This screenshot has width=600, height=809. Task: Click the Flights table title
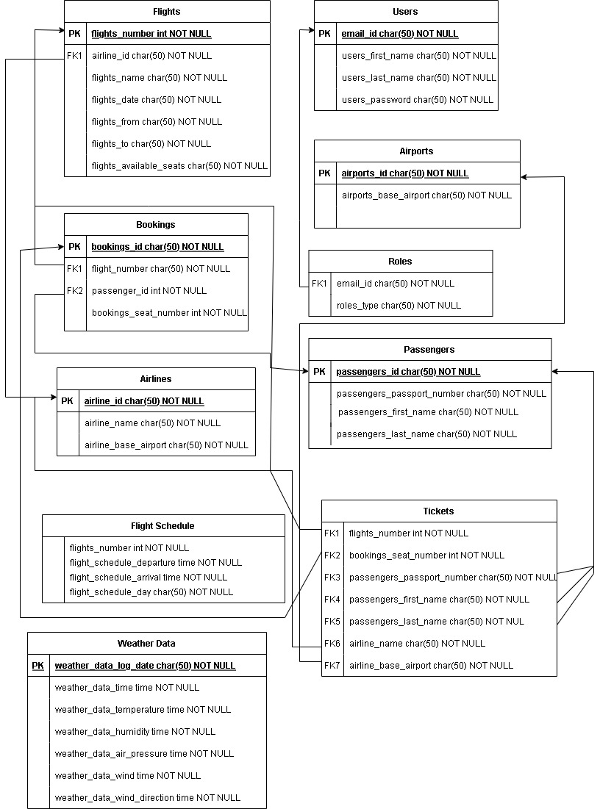[167, 12]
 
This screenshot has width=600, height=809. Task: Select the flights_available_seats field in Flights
[179, 166]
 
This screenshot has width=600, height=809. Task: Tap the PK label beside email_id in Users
[324, 34]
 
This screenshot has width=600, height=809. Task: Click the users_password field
[417, 100]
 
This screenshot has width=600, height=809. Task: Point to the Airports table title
[417, 151]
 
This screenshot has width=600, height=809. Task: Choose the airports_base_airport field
[426, 195]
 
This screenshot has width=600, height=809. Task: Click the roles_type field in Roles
[399, 306]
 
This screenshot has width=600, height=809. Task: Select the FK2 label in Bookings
[75, 291]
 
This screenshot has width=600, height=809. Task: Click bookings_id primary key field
[157, 247]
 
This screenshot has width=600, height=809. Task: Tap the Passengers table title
[429, 350]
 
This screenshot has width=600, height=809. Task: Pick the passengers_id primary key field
[408, 372]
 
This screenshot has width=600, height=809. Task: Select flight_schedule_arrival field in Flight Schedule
[148, 578]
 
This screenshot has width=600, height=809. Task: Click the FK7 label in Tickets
[332, 666]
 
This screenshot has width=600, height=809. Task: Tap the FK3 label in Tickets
[332, 578]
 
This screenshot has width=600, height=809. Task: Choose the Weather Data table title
[146, 644]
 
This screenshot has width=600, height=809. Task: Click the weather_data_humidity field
[135, 732]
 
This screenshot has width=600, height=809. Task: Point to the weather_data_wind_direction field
[147, 798]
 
